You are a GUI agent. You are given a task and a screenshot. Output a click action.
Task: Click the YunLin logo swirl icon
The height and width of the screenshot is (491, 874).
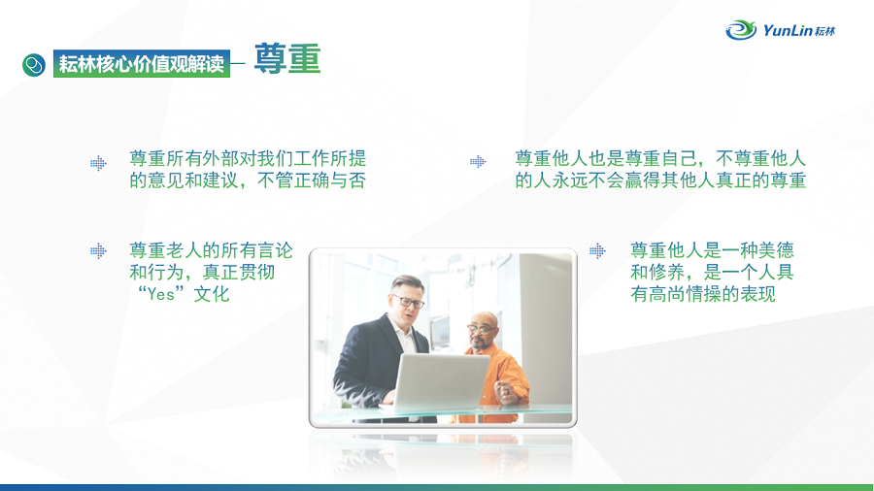(741, 29)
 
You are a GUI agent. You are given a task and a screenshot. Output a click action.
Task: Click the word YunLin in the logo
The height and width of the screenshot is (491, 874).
(788, 30)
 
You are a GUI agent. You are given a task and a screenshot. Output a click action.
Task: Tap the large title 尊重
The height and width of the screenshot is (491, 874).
(287, 58)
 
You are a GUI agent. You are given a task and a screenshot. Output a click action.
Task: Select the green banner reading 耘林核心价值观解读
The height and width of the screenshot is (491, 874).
(142, 63)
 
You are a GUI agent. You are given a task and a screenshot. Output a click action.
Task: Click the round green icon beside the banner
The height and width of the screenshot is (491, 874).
(34, 65)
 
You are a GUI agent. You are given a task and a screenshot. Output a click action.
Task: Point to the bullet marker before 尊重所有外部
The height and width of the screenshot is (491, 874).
(99, 163)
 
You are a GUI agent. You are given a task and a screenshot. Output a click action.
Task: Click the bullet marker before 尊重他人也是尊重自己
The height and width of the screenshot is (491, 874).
(478, 161)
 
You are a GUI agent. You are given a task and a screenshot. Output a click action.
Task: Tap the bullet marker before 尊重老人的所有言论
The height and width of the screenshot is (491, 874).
(99, 251)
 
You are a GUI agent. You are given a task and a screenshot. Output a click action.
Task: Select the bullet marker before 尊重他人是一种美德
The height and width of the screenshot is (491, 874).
(597, 251)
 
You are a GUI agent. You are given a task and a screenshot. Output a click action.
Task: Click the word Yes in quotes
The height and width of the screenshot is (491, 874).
(161, 294)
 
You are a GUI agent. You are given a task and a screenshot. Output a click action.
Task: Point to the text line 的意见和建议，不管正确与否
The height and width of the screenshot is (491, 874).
(248, 180)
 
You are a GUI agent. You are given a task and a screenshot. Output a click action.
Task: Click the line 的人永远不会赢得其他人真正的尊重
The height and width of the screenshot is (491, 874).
(660, 180)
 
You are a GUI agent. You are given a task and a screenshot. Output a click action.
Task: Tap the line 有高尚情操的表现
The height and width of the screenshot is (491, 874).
(703, 294)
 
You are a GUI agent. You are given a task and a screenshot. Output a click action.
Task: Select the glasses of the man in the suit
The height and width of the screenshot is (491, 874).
(410, 302)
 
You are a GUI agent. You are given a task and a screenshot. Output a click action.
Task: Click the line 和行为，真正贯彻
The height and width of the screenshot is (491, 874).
(202, 273)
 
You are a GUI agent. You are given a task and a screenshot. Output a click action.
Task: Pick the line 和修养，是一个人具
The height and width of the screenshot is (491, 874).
(713, 273)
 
